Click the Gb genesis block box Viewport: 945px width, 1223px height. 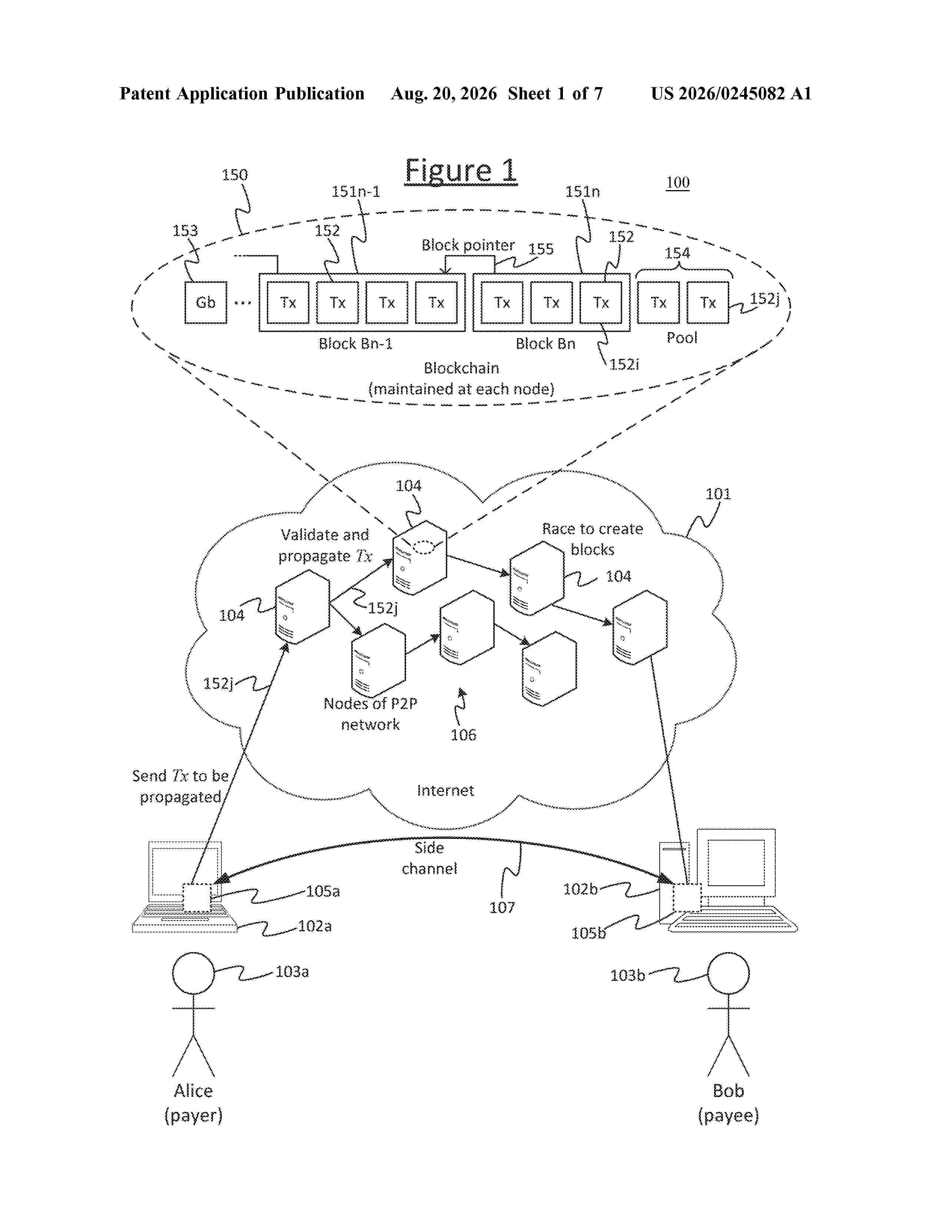click(205, 302)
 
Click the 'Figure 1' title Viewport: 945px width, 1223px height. click(460, 171)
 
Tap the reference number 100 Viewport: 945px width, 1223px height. click(677, 183)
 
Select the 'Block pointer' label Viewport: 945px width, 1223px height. click(468, 245)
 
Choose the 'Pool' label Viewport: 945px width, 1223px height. click(682, 338)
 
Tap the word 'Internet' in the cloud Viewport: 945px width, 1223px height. click(445, 790)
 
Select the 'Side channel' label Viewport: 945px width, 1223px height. click(430, 858)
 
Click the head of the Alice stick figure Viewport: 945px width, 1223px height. click(193, 973)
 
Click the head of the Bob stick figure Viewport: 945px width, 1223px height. click(728, 973)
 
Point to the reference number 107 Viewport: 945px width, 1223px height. click(502, 908)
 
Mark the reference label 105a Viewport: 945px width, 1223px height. click(323, 891)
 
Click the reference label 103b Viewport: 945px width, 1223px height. click(627, 975)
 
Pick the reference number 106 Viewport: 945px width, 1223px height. click(464, 735)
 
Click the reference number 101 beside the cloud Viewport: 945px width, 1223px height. click(718, 494)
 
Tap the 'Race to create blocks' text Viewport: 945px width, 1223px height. click(592, 539)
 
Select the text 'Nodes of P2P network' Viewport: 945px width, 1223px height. click(370, 714)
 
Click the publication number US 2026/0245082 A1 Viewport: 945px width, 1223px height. click(731, 93)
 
